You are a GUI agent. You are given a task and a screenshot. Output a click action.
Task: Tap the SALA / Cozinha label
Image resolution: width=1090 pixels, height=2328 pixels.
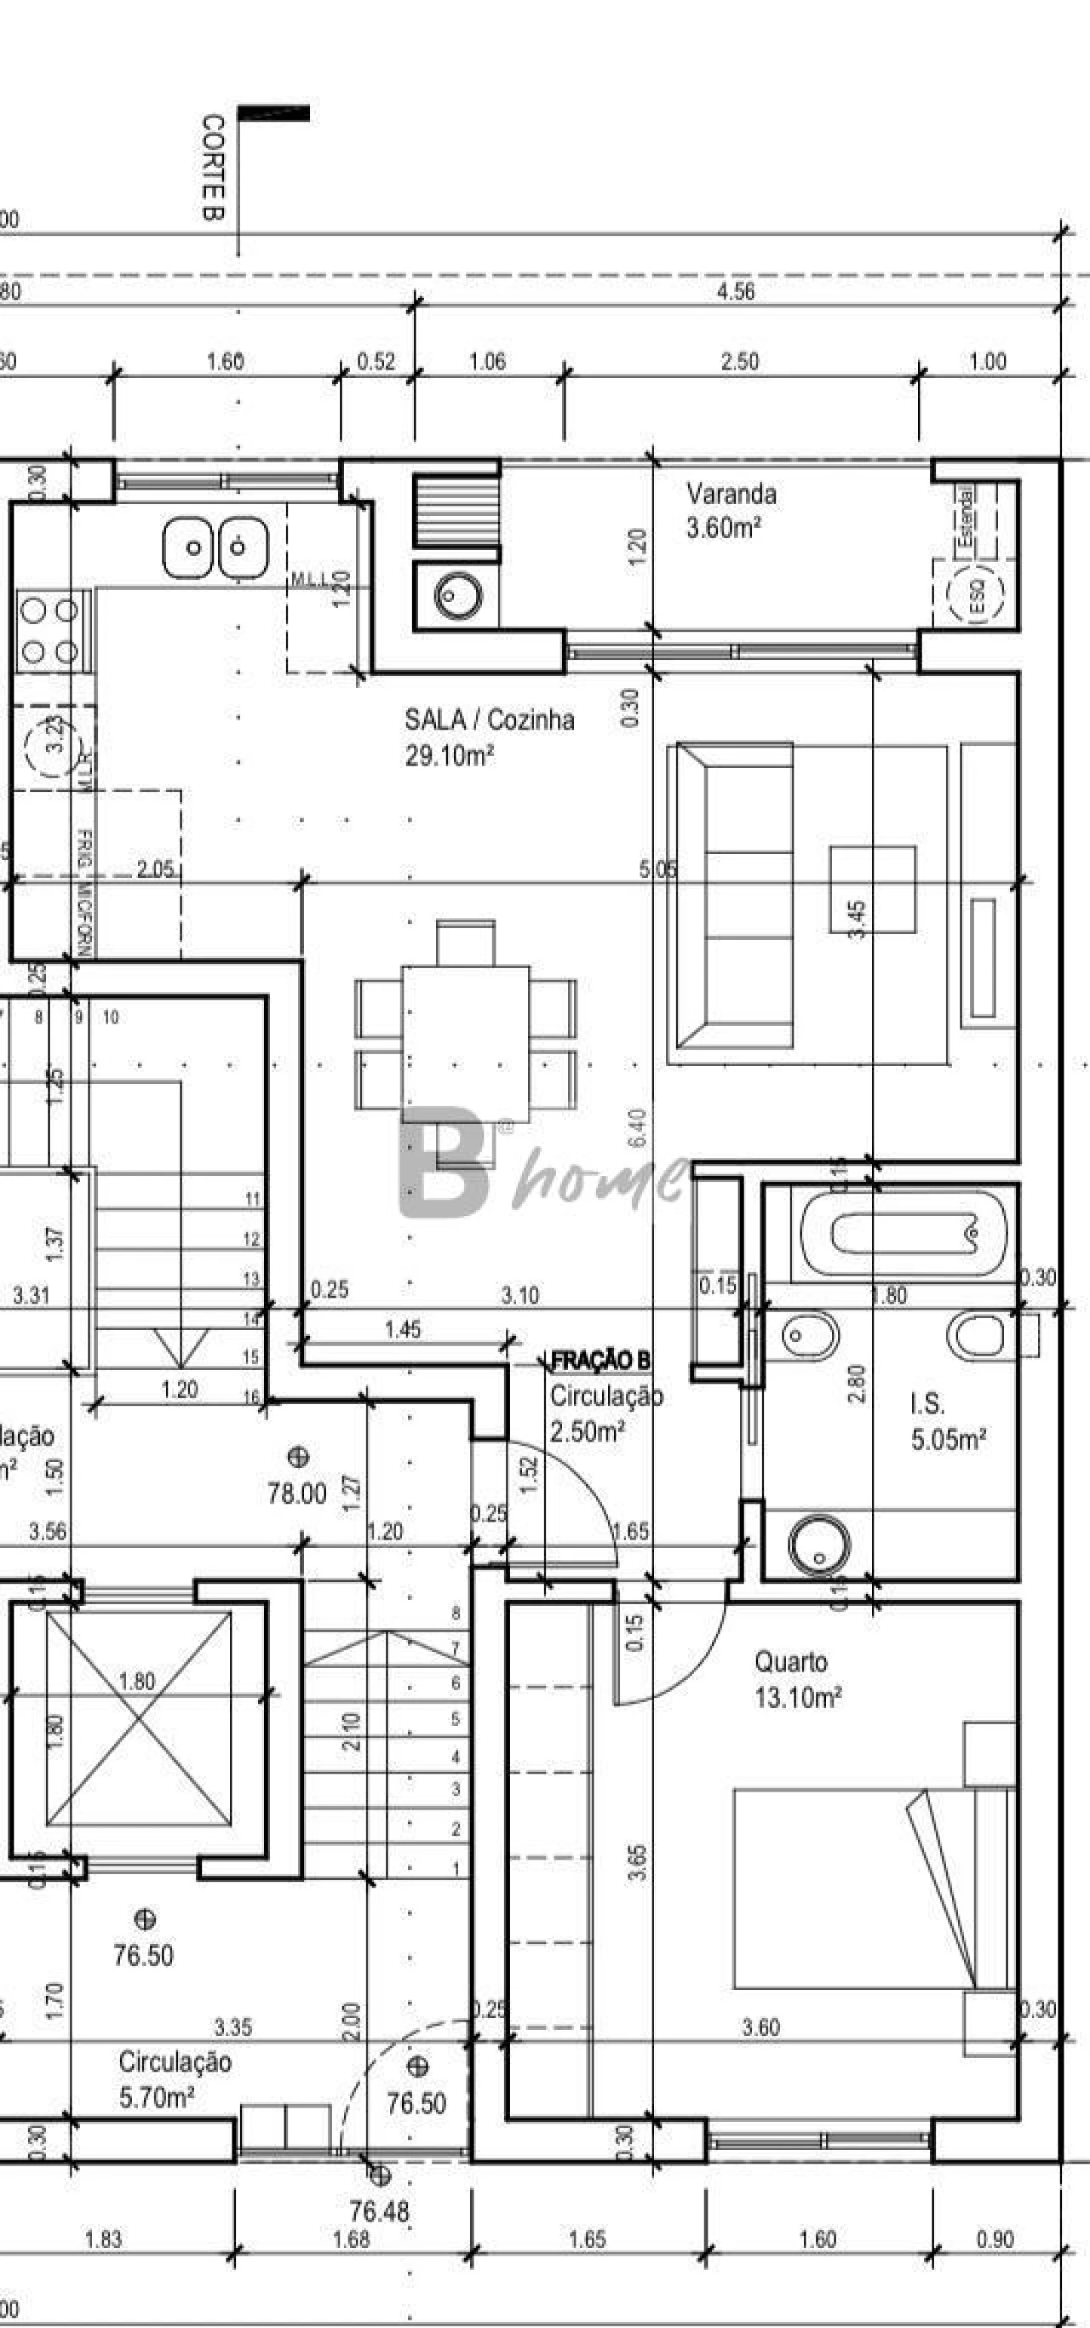tap(489, 720)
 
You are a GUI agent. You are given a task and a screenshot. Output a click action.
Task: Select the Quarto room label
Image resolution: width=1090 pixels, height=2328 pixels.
tap(791, 1662)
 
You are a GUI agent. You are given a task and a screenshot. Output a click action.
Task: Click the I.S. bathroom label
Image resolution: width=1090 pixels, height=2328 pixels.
tap(927, 1403)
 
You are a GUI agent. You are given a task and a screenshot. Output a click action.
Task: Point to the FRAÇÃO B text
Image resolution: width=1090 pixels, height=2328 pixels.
tap(600, 1360)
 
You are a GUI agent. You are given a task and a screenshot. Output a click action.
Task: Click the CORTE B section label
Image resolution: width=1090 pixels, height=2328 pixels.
tap(212, 166)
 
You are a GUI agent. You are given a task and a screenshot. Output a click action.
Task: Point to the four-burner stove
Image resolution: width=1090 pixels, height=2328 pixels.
tap(50, 631)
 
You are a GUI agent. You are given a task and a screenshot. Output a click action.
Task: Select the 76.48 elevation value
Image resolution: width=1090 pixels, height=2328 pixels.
tap(380, 2211)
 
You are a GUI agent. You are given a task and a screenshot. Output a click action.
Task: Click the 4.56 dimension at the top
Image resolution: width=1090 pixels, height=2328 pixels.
tap(736, 292)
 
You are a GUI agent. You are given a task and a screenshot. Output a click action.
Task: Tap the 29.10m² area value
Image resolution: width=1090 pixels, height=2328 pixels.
tap(449, 755)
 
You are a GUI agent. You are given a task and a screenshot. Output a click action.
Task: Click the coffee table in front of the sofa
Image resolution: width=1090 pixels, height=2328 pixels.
tap(873, 889)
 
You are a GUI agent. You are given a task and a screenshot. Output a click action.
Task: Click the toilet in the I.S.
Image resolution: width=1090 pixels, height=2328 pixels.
tap(980, 1334)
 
